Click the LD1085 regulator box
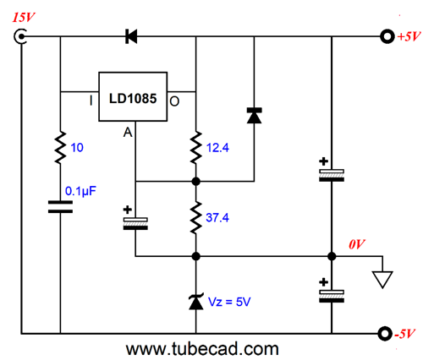tap(133, 96)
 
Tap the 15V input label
tap(23, 18)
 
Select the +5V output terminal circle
tap(387, 36)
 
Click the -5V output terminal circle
tap(385, 334)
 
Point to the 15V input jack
tap(20, 36)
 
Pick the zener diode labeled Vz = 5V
tap(196, 302)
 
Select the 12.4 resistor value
tap(217, 148)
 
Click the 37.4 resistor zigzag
tap(196, 217)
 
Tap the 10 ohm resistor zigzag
tap(60, 147)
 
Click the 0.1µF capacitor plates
tap(60, 207)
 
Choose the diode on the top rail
tap(131, 36)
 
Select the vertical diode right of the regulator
tap(254, 115)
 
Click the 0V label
tap(357, 244)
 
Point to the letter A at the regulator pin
tap(128, 132)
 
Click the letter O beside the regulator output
tap(174, 101)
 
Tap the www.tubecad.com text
tap(202, 349)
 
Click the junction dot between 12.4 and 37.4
tap(196, 182)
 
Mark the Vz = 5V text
tap(229, 302)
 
